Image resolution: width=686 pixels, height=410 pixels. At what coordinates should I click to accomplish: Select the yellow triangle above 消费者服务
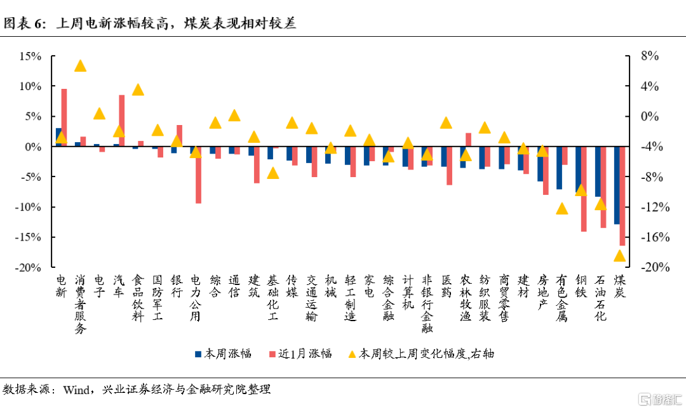click(80, 66)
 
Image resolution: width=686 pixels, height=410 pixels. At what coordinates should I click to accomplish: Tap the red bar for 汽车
click(122, 121)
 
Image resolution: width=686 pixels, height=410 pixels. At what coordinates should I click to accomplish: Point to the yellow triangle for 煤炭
click(619, 256)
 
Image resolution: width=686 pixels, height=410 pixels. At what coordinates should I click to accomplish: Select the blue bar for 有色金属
click(559, 168)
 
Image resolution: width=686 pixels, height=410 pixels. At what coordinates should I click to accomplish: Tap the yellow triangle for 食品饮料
click(138, 89)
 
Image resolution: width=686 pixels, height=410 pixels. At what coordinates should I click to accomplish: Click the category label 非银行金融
click(427, 303)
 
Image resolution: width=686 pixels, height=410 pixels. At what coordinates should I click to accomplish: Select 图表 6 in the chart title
click(24, 24)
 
